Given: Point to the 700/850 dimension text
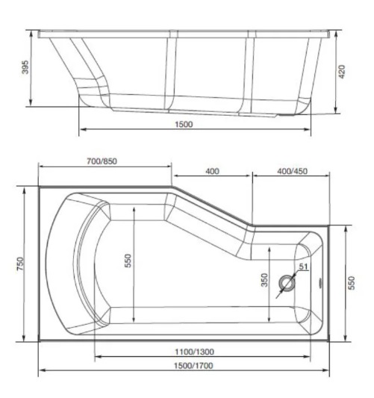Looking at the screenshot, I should click(x=102, y=161).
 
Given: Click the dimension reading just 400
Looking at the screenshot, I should click(x=212, y=172).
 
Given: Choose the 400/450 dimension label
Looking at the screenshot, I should click(x=291, y=172).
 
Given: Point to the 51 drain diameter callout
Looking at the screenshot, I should click(x=302, y=267).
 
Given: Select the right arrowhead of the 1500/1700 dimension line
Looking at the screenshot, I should click(x=328, y=370).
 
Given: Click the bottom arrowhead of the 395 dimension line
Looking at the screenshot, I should click(x=31, y=105).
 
